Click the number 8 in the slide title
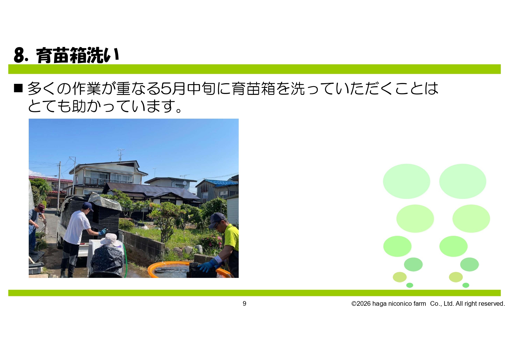[19, 55]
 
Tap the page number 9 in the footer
[244, 303]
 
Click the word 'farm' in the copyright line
[420, 303]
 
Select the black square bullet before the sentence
[18, 88]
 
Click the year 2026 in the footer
[364, 303]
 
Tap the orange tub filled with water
[189, 270]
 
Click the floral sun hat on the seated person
[110, 240]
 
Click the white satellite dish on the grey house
[184, 183]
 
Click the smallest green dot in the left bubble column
[410, 285]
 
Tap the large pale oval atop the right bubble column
[463, 181]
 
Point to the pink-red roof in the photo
[51, 179]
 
